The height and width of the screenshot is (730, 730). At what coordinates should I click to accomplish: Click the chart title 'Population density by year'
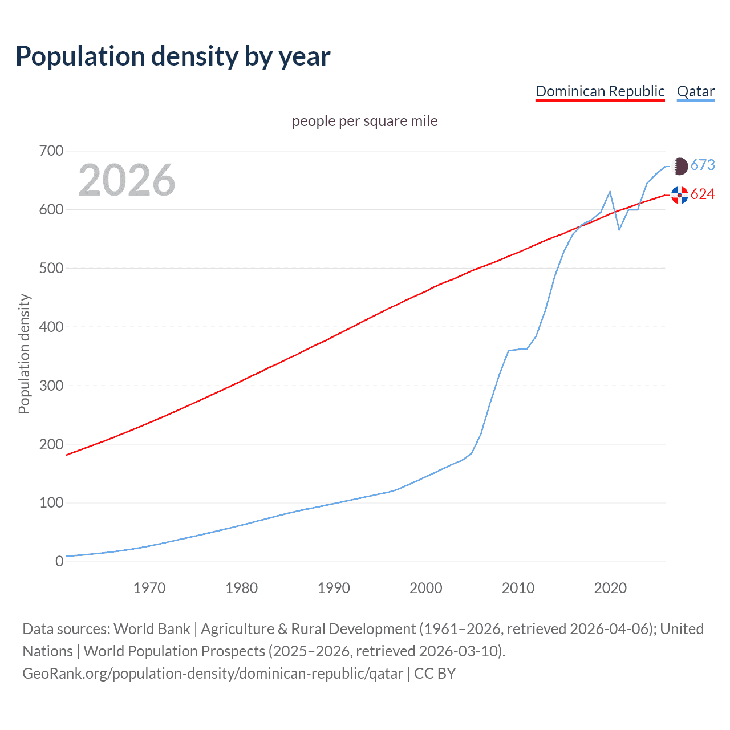point(173,56)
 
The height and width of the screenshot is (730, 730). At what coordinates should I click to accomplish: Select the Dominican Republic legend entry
point(600,91)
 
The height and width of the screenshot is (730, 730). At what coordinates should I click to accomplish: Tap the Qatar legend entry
point(695,91)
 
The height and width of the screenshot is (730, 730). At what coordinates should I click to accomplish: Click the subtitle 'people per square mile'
point(364,121)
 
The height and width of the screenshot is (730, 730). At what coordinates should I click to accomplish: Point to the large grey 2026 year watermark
point(127,180)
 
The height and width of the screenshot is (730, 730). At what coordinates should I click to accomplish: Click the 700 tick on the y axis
point(51,151)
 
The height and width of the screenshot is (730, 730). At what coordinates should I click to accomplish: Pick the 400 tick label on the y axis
point(51,327)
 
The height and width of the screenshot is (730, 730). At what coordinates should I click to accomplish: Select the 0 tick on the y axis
point(59,561)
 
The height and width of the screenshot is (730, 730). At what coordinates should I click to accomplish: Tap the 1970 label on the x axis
point(149,588)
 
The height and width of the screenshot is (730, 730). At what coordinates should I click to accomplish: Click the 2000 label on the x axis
point(425,588)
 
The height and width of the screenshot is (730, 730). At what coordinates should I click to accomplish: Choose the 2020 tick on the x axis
point(610,588)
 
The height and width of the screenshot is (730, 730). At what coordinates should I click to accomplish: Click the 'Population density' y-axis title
point(24,354)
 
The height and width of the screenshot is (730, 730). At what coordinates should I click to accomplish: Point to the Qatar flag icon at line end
point(680,166)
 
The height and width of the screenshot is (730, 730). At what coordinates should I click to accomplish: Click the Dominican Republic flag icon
point(680,195)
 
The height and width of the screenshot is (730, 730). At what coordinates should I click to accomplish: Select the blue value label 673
point(703,165)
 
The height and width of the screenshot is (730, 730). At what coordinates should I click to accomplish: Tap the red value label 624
point(703,194)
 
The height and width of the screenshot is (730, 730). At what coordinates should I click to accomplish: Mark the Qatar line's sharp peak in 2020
point(610,192)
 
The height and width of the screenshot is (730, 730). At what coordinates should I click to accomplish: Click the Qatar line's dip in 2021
point(619,229)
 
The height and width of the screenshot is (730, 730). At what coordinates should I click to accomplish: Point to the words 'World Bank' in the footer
point(152,629)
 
